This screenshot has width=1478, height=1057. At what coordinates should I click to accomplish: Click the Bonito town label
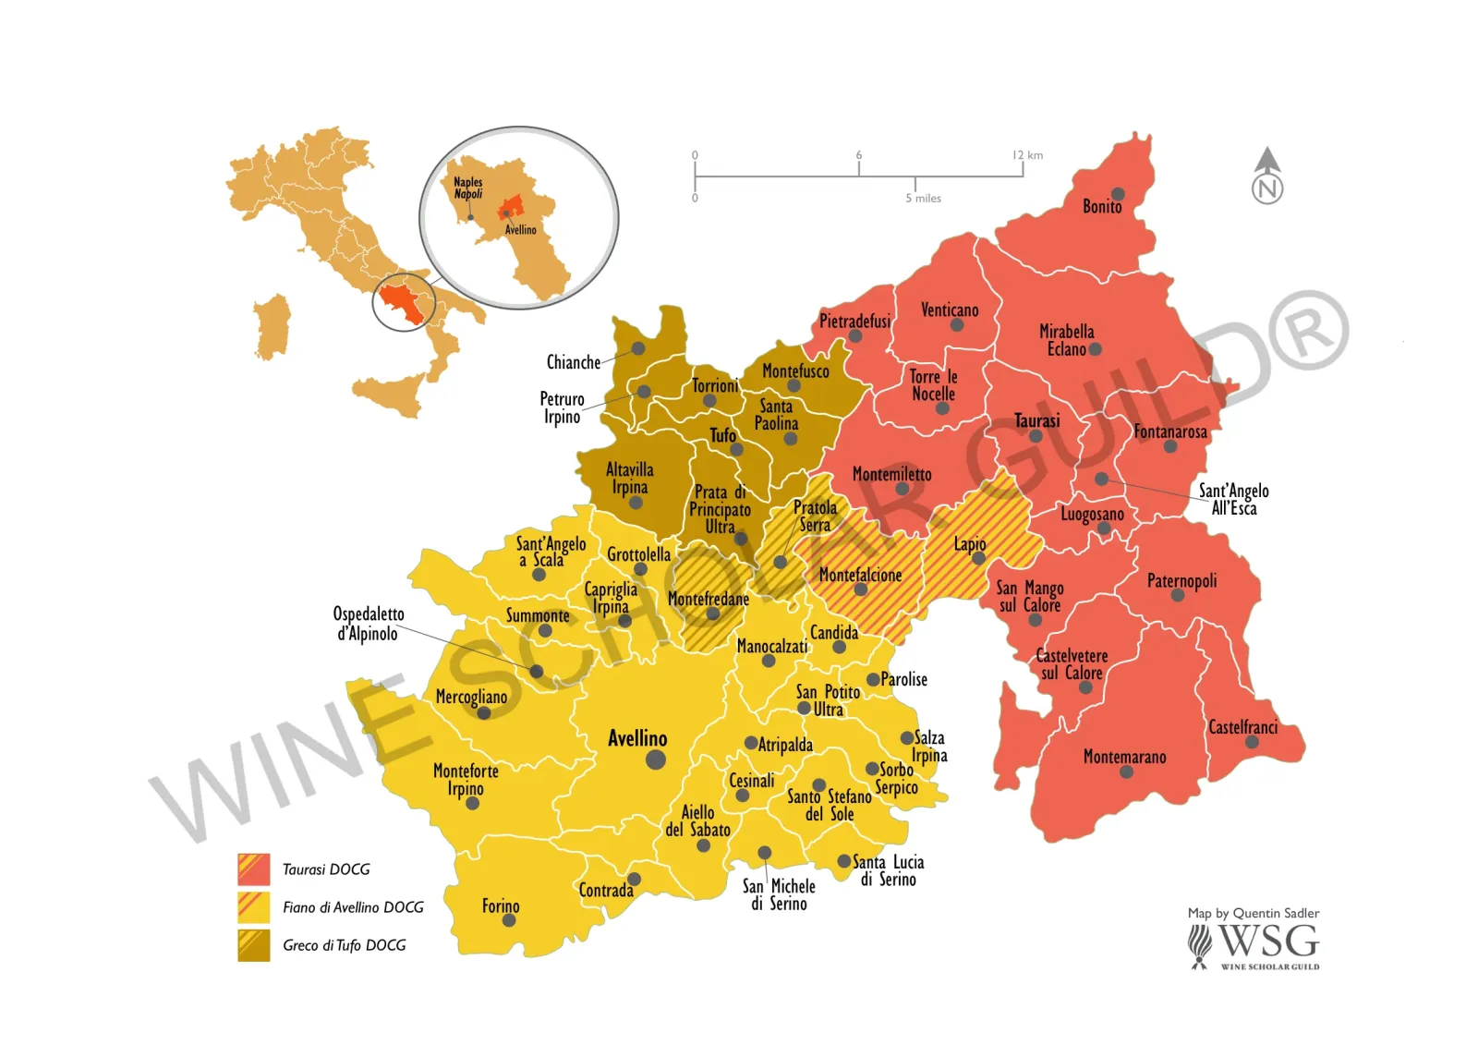pos(1102,207)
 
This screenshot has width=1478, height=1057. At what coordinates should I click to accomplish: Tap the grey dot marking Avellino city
pos(656,759)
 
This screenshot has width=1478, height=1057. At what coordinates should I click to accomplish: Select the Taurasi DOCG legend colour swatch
pos(254,869)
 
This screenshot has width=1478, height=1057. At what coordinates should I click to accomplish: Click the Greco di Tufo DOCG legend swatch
pos(254,945)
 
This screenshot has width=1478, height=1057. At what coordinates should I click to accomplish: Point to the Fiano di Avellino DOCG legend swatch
pos(254,907)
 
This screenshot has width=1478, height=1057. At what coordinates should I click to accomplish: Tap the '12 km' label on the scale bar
pos(1027,155)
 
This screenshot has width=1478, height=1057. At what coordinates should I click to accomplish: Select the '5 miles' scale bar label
pos(923,199)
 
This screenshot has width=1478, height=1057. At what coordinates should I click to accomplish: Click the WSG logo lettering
pos(1268,942)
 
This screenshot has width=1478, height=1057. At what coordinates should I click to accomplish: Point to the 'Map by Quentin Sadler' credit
pos(1253,913)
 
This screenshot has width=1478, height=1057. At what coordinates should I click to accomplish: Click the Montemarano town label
pos(1124,757)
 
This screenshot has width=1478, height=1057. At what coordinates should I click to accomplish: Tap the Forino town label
pos(501,905)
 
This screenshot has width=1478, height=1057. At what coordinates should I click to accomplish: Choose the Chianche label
pos(573,362)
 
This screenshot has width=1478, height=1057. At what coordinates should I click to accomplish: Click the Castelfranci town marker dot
pos(1252,742)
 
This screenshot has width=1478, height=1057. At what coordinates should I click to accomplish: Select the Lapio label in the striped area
pos(970,544)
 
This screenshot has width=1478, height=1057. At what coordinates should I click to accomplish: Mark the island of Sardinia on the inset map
pos(272,328)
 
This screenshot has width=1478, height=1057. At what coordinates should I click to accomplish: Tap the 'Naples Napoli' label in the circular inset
pos(467,188)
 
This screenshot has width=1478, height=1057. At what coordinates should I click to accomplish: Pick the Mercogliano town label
pos(471,697)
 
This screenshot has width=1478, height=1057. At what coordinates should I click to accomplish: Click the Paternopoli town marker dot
pos(1178,595)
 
